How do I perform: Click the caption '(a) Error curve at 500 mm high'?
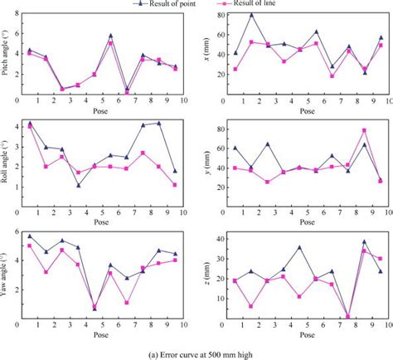pyautogui.click(x=196, y=353)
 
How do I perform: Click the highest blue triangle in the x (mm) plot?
pyautogui.click(x=252, y=15)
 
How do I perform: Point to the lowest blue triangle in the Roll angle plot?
pyautogui.click(x=78, y=185)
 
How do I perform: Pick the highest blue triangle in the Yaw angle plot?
pyautogui.click(x=30, y=236)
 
